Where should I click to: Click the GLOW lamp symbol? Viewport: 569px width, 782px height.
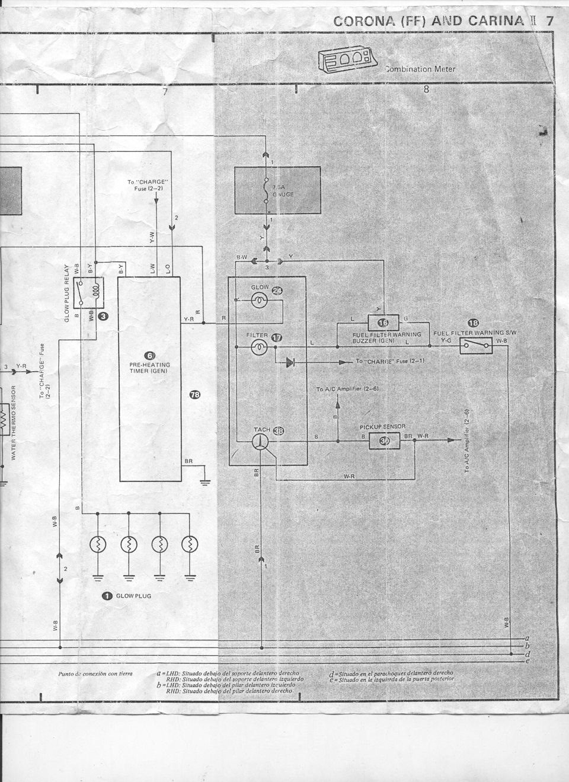[x=258, y=302]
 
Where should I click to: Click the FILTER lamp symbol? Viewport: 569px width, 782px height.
[x=258, y=347]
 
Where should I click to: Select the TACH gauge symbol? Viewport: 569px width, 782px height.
[x=259, y=441]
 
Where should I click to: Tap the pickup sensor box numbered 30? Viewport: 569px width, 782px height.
[x=385, y=441]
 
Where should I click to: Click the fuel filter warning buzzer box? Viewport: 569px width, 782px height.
[x=384, y=323]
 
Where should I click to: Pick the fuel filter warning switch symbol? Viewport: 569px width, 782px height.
[x=475, y=345]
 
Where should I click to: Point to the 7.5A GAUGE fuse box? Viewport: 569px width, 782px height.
[x=277, y=190]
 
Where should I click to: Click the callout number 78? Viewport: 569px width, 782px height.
[x=194, y=395]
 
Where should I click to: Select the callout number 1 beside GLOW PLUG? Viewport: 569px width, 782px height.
[x=107, y=596]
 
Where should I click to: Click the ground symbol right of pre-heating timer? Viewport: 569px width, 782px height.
[x=204, y=481]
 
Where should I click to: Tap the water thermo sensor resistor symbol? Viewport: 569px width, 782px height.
[x=2, y=413]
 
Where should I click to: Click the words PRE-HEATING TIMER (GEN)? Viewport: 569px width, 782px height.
[x=150, y=368]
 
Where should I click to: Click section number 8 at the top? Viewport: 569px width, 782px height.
[x=426, y=91]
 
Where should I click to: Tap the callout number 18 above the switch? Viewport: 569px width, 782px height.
[x=474, y=323]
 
